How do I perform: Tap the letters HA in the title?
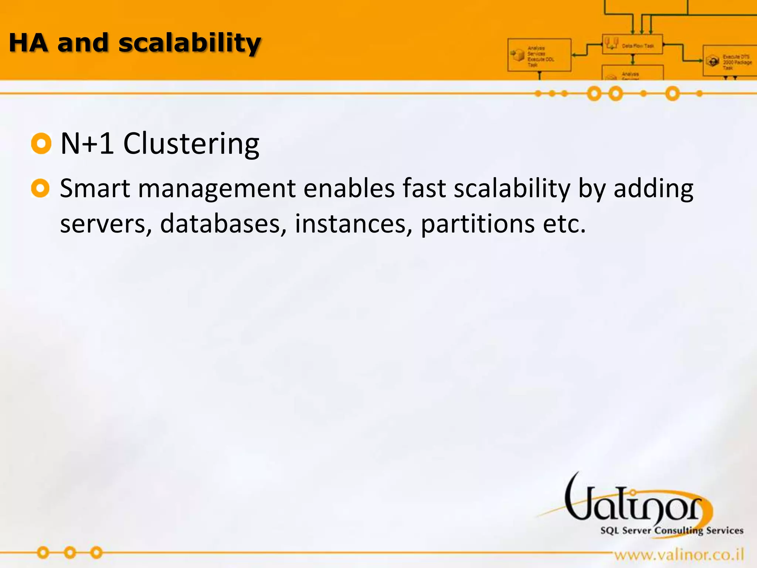click(x=28, y=43)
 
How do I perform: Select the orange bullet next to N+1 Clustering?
click(x=41, y=143)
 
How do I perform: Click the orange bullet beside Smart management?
click(x=40, y=188)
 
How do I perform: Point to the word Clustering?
click(x=191, y=144)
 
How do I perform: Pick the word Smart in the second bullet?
click(x=95, y=189)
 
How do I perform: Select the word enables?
click(x=349, y=189)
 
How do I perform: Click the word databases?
click(x=223, y=224)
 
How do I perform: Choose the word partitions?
click(x=478, y=224)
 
